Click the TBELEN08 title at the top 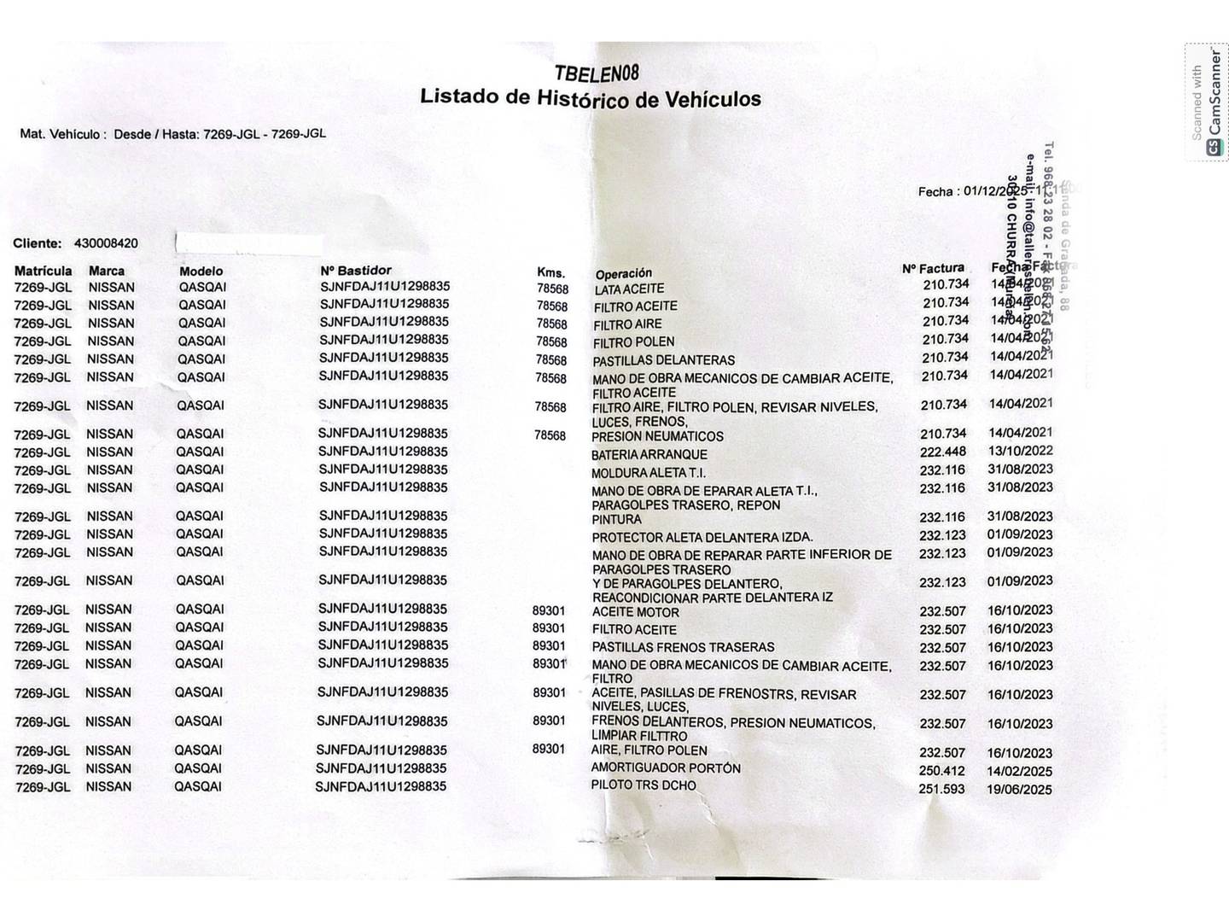pos(597,73)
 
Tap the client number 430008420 pos(106,243)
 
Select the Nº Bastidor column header pos(356,271)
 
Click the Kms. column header pos(550,272)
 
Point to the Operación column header pos(623,274)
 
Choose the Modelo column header pos(201,271)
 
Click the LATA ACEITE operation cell pos(629,289)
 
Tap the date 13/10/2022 pos(1020,451)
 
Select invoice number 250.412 pos(942,771)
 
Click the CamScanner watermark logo pos(1214,148)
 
